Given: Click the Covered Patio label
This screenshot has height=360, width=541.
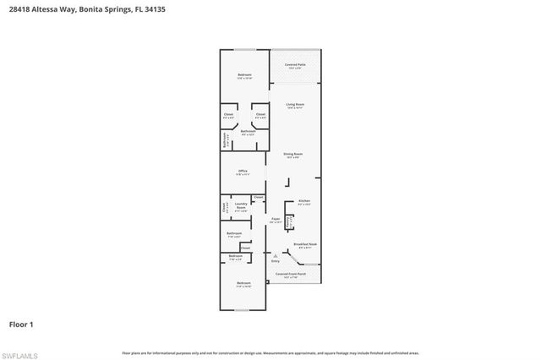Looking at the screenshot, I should pyautogui.click(x=295, y=65).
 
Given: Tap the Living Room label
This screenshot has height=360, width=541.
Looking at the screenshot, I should pyautogui.click(x=295, y=105).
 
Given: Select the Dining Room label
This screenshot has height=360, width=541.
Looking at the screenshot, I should pyautogui.click(x=293, y=155).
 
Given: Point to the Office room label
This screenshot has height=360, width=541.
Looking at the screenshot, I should pyautogui.click(x=243, y=172).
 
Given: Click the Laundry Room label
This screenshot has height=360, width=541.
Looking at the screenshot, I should pyautogui.click(x=241, y=205).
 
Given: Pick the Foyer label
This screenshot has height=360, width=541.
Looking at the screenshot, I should pyautogui.click(x=276, y=219).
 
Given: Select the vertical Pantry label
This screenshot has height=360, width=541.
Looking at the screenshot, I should pyautogui.click(x=290, y=221).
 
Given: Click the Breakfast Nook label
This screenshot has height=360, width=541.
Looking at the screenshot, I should pyautogui.click(x=305, y=243).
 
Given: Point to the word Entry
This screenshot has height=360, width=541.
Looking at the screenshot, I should pyautogui.click(x=275, y=261).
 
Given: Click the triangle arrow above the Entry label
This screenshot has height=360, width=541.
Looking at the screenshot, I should pyautogui.click(x=275, y=255).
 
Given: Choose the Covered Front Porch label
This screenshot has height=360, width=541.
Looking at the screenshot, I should pyautogui.click(x=291, y=274).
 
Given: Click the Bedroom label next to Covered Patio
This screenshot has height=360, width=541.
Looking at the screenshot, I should pyautogui.click(x=244, y=75).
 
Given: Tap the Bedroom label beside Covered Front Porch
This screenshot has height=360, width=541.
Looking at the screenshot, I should pyautogui.click(x=243, y=283).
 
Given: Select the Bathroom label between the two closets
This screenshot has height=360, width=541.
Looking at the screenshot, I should pyautogui.click(x=248, y=131).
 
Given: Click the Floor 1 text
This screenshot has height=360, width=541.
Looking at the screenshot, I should pyautogui.click(x=21, y=324).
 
